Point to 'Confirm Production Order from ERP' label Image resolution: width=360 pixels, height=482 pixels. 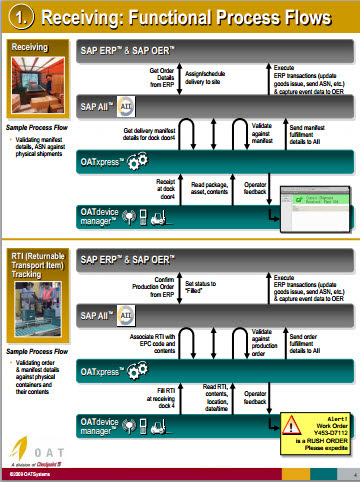tap(161, 292)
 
